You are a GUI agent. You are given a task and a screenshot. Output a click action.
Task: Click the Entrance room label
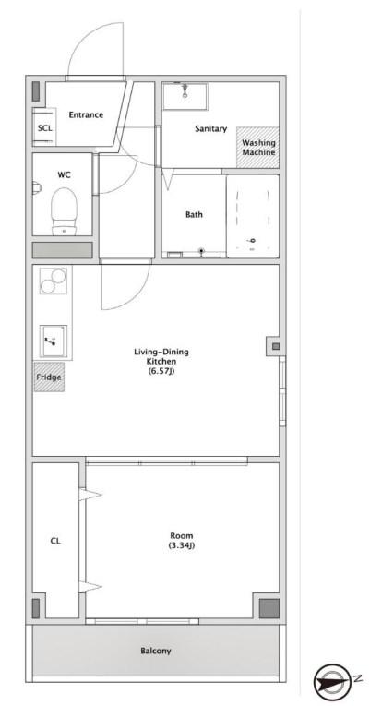pyautogui.click(x=86, y=114)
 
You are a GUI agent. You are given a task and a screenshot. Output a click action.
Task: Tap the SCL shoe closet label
pyautogui.click(x=45, y=128)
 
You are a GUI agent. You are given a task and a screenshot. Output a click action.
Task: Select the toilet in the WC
pyautogui.click(x=64, y=211)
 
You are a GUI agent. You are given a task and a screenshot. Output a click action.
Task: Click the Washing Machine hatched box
pyautogui.click(x=258, y=148)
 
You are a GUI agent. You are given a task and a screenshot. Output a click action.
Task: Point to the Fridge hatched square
pyautogui.click(x=49, y=377)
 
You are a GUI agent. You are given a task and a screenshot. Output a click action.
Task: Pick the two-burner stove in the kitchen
pyautogui.click(x=54, y=281)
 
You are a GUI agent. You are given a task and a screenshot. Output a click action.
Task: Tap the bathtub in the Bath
pyautogui.click(x=253, y=216)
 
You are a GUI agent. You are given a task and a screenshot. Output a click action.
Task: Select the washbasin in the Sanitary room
pyautogui.click(x=185, y=96)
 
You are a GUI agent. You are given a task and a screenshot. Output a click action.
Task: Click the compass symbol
pyautogui.click(x=330, y=683)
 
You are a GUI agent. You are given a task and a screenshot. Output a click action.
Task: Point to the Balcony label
pyautogui.click(x=156, y=651)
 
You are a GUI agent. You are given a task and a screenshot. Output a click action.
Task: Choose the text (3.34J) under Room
pyautogui.click(x=182, y=545)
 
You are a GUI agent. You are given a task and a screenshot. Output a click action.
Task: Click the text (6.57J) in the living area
pyautogui.click(x=161, y=371)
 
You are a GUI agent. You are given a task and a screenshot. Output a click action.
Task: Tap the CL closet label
pyautogui.click(x=55, y=541)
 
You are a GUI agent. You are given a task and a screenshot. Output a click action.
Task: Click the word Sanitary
pyautogui.click(x=210, y=129)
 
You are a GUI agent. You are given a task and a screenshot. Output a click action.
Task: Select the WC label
pyautogui.click(x=64, y=174)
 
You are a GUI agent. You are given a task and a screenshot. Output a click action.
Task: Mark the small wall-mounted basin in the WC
pyautogui.click(x=37, y=186)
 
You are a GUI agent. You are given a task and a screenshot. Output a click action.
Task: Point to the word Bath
pyautogui.click(x=194, y=215)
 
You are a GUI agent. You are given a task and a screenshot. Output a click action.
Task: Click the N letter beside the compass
pyautogui.click(x=356, y=678)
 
